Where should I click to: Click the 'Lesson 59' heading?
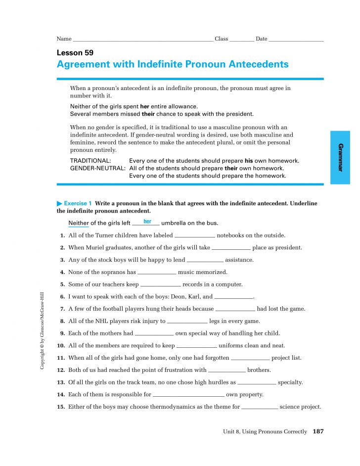click(x=75, y=53)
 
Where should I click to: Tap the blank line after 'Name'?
click(x=143, y=40)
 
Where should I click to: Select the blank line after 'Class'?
click(x=242, y=40)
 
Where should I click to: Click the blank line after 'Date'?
click(x=296, y=40)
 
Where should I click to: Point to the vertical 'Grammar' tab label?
click(x=340, y=157)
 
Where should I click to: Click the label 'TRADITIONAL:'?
click(x=90, y=161)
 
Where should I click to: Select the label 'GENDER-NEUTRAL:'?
click(x=97, y=168)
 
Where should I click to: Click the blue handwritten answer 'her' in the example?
click(x=147, y=222)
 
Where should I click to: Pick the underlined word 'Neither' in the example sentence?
click(x=79, y=223)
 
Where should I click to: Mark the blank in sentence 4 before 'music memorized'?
click(x=157, y=273)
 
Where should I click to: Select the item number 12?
click(x=61, y=370)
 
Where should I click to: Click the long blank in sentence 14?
click(x=188, y=395)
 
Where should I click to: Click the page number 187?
click(x=318, y=432)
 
